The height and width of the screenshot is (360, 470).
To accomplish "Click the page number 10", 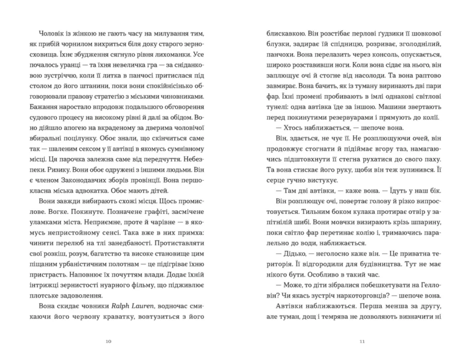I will pyautogui.click(x=109, y=341).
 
